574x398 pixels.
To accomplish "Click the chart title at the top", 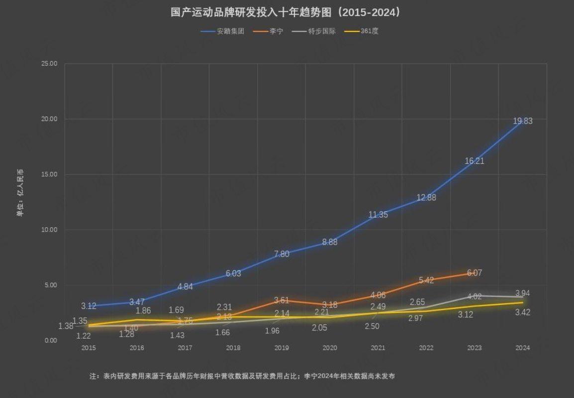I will (286, 12).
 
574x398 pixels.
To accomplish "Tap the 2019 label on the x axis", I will (282, 348).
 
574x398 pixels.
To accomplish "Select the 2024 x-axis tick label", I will (523, 348).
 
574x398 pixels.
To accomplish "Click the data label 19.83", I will (523, 121).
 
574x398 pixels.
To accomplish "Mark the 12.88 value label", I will (426, 197).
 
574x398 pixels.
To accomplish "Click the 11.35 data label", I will (378, 215).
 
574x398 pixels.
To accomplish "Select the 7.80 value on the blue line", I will (282, 254).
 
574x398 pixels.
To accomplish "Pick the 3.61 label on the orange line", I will (282, 300).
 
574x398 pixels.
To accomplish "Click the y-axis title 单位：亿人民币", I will (20, 193).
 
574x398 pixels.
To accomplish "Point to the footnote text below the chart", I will (242, 376).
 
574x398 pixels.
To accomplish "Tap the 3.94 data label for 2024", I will (522, 293).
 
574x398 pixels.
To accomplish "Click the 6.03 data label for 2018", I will (233, 273).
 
